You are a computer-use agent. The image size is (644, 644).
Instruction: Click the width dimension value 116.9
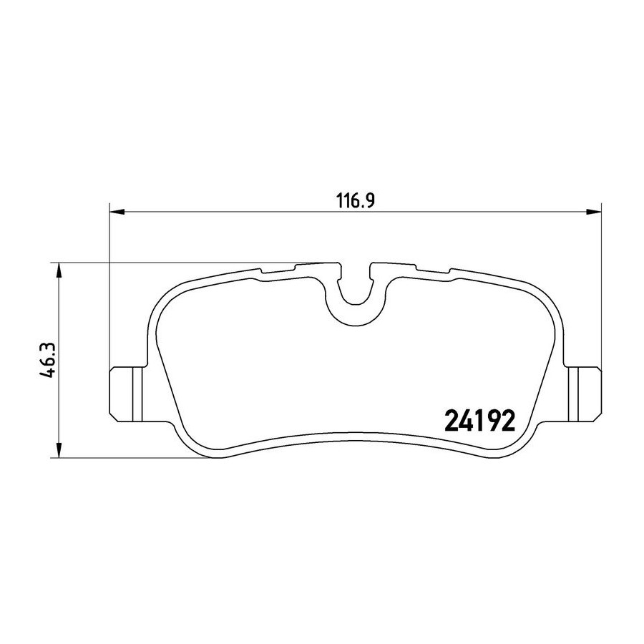355,201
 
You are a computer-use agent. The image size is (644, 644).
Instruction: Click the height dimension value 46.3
48,360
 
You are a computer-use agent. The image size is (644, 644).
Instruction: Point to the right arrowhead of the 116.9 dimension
593,212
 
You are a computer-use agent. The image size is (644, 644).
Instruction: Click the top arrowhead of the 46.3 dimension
59,270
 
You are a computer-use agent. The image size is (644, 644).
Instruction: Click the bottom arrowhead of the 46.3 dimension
59,450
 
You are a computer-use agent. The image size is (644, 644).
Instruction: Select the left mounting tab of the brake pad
125,394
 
